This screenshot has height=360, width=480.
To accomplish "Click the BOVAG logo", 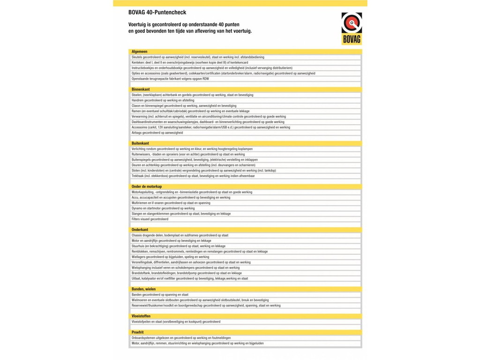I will (351, 29).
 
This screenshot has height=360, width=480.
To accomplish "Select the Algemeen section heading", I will (140, 51).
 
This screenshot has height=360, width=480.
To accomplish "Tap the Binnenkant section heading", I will (141, 89).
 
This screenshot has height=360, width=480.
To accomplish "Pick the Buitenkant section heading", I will (141, 143).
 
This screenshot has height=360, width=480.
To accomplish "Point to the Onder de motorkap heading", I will (147, 187).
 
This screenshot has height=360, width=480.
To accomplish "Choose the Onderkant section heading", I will (140, 230).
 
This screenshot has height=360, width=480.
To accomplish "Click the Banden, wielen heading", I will (144, 289).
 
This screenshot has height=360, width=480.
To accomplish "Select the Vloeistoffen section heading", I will (141, 316).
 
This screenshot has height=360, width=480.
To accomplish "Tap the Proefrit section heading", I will (138, 332).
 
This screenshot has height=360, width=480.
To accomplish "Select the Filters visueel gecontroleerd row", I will (150, 219).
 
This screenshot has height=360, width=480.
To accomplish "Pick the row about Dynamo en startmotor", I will (163, 208).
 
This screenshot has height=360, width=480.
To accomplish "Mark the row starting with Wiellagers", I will (170, 257).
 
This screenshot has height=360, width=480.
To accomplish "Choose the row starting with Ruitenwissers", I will (188, 154).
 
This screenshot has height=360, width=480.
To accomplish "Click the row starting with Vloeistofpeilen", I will (176, 322).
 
